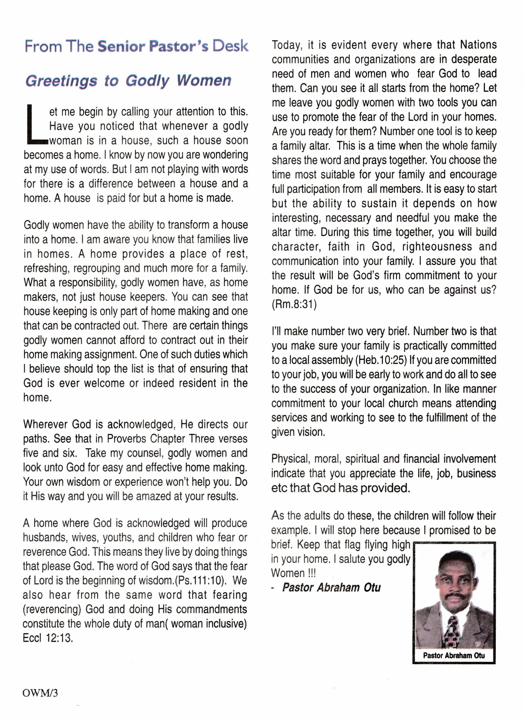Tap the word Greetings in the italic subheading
(x=61, y=81)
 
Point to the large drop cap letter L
(x=35, y=124)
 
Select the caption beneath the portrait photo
(x=454, y=655)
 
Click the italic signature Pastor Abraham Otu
(x=331, y=587)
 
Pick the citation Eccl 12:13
(x=47, y=638)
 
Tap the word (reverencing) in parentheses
(x=52, y=609)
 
